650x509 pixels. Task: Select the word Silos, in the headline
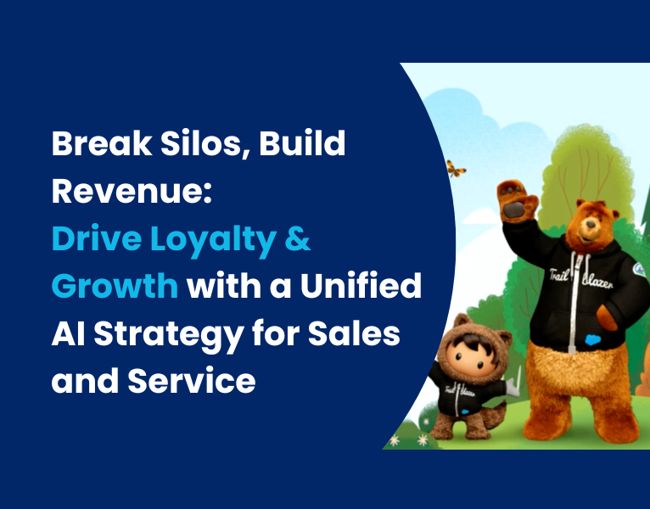(x=196, y=145)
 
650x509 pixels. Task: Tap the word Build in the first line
(x=305, y=145)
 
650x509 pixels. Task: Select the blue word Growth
(x=114, y=288)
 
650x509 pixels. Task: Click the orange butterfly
(x=457, y=169)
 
